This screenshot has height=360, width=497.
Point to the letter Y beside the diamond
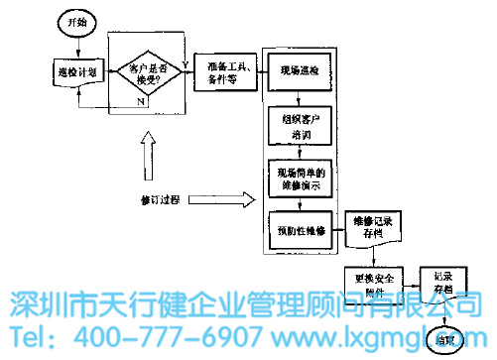click(x=186, y=62)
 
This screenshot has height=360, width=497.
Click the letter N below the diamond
click(x=142, y=100)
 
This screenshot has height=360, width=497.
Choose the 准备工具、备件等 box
click(x=225, y=71)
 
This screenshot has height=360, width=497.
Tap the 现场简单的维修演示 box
click(x=301, y=179)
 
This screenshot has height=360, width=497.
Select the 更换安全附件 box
click(x=369, y=284)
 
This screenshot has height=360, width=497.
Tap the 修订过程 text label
click(x=161, y=200)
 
